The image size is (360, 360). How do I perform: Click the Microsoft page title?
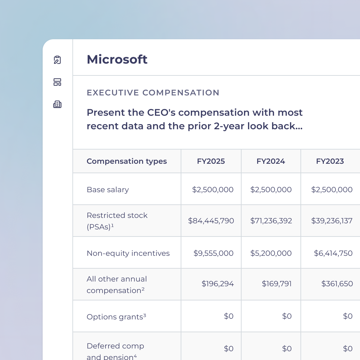point(117,60)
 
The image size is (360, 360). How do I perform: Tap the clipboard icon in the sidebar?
point(58,60)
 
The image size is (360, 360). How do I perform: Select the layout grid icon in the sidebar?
point(58,82)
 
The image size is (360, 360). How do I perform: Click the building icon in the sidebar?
point(58,104)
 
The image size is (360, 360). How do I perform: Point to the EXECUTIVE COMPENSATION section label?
point(153,93)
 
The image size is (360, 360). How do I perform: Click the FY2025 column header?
point(211,161)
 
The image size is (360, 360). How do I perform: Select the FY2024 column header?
point(271,161)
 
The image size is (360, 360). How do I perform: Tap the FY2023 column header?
point(330,161)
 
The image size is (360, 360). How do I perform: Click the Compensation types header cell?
point(127,161)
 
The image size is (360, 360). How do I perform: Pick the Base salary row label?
point(108,189)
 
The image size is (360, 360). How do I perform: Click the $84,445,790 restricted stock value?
point(211,221)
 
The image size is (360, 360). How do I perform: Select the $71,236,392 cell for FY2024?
point(271,221)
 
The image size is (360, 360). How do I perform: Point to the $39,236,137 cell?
point(332,221)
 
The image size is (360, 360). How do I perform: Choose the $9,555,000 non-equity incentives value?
point(213,253)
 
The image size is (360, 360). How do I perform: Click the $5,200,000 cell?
point(271,253)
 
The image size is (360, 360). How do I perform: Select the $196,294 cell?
point(218,284)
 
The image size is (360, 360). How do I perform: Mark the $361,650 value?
point(337,284)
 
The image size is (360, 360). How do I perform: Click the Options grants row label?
point(116,317)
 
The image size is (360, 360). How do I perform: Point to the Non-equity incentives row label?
point(128,253)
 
